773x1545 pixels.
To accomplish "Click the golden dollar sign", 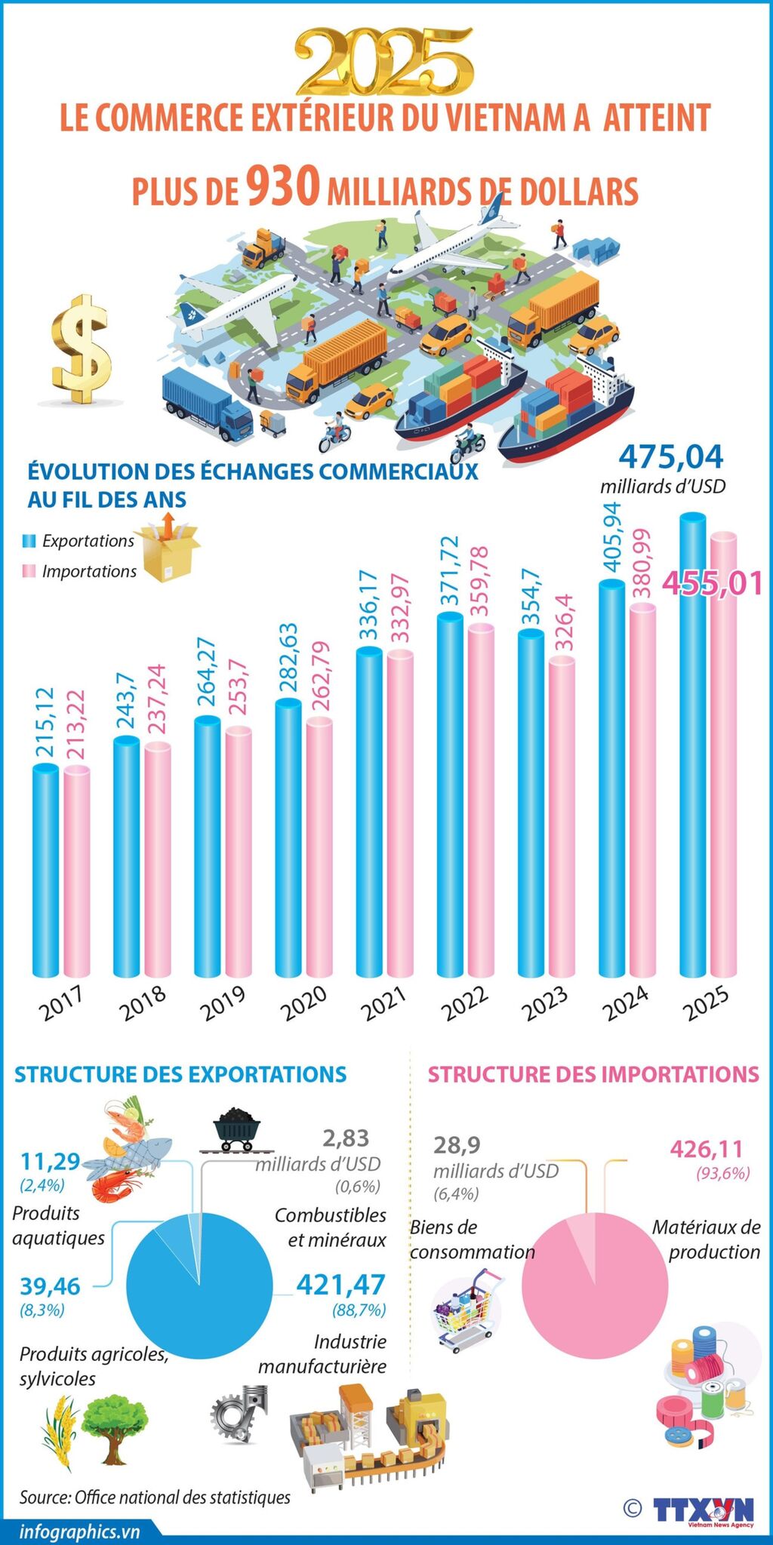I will (x=82, y=349).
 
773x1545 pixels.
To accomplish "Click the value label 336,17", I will (x=368, y=608).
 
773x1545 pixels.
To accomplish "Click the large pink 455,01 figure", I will (x=712, y=583).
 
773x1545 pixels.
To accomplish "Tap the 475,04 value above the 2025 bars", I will (x=670, y=456).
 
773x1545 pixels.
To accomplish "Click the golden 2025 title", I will (x=384, y=60).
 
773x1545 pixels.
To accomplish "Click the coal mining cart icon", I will (x=237, y=1129).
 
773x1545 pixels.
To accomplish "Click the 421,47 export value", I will (x=340, y=1283).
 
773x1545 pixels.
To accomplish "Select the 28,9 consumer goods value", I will (x=457, y=1144).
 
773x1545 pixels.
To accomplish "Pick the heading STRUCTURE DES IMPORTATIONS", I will (x=593, y=1074).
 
